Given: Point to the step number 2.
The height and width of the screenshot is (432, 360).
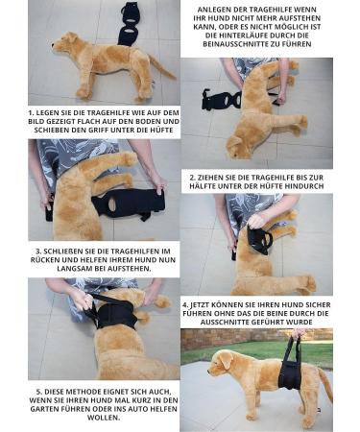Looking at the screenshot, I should click(x=195, y=178).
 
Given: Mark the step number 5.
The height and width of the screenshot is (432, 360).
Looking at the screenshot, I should click(x=36, y=392).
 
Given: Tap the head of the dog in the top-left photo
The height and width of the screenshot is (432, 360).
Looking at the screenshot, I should click(x=68, y=42).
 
